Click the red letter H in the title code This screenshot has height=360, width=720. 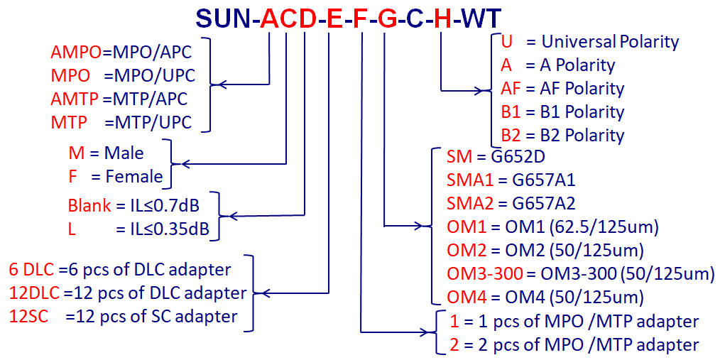pos(442,18)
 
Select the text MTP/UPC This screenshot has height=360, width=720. pos(148,121)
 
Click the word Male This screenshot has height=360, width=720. pos(124,153)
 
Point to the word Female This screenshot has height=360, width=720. pos(134,176)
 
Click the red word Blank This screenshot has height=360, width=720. pos(89,206)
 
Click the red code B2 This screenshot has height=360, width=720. pos(511,135)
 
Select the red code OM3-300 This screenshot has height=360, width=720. pos(484,273)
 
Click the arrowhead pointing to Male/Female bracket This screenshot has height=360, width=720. pos(185,165)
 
